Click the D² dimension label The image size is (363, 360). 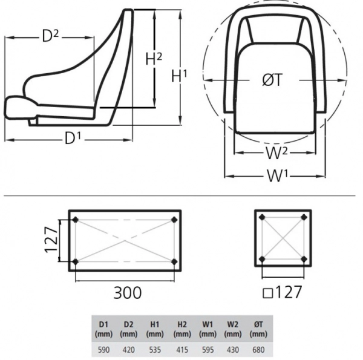pos(50,36)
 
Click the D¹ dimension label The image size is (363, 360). pos(73,138)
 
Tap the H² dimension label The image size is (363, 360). pos(154,59)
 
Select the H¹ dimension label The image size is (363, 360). pos(179,76)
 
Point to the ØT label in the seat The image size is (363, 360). pos(272,80)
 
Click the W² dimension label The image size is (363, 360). pos(276,153)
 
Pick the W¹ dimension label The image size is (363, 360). pos(277,175)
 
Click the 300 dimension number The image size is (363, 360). pos(127,292)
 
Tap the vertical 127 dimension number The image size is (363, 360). pos(51,240)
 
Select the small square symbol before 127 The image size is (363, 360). pos(268,293)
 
